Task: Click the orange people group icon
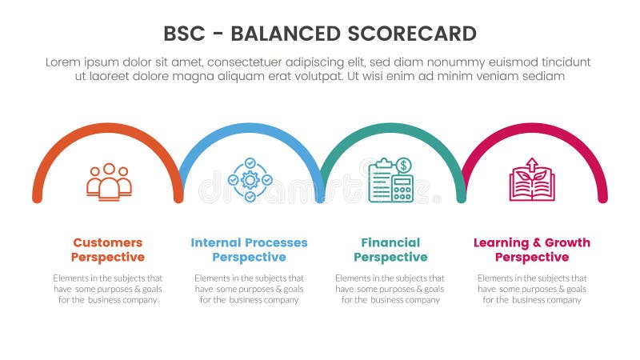tap(109, 182)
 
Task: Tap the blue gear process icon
tap(250, 180)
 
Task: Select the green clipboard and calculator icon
tap(391, 180)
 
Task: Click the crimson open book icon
tap(532, 180)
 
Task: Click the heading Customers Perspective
tap(108, 250)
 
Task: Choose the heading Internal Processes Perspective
tap(249, 250)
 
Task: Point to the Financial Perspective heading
tap(390, 250)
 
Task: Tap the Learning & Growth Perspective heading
tap(532, 250)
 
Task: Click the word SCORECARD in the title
tap(411, 34)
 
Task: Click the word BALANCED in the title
tap(286, 34)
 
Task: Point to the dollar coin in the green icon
tap(404, 166)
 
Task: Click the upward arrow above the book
tap(532, 164)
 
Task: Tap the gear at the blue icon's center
tap(250, 180)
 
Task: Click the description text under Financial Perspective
tap(390, 289)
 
